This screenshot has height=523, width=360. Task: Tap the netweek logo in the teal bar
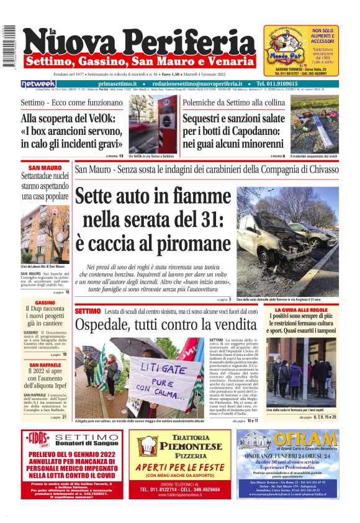click(38, 84)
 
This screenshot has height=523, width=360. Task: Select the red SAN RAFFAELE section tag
click(45, 365)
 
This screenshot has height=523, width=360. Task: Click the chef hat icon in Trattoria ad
click(148, 445)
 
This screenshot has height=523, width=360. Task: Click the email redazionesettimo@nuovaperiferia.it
click(196, 84)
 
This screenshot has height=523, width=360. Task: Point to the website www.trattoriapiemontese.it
click(181, 495)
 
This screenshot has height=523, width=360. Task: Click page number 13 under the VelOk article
click(121, 156)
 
